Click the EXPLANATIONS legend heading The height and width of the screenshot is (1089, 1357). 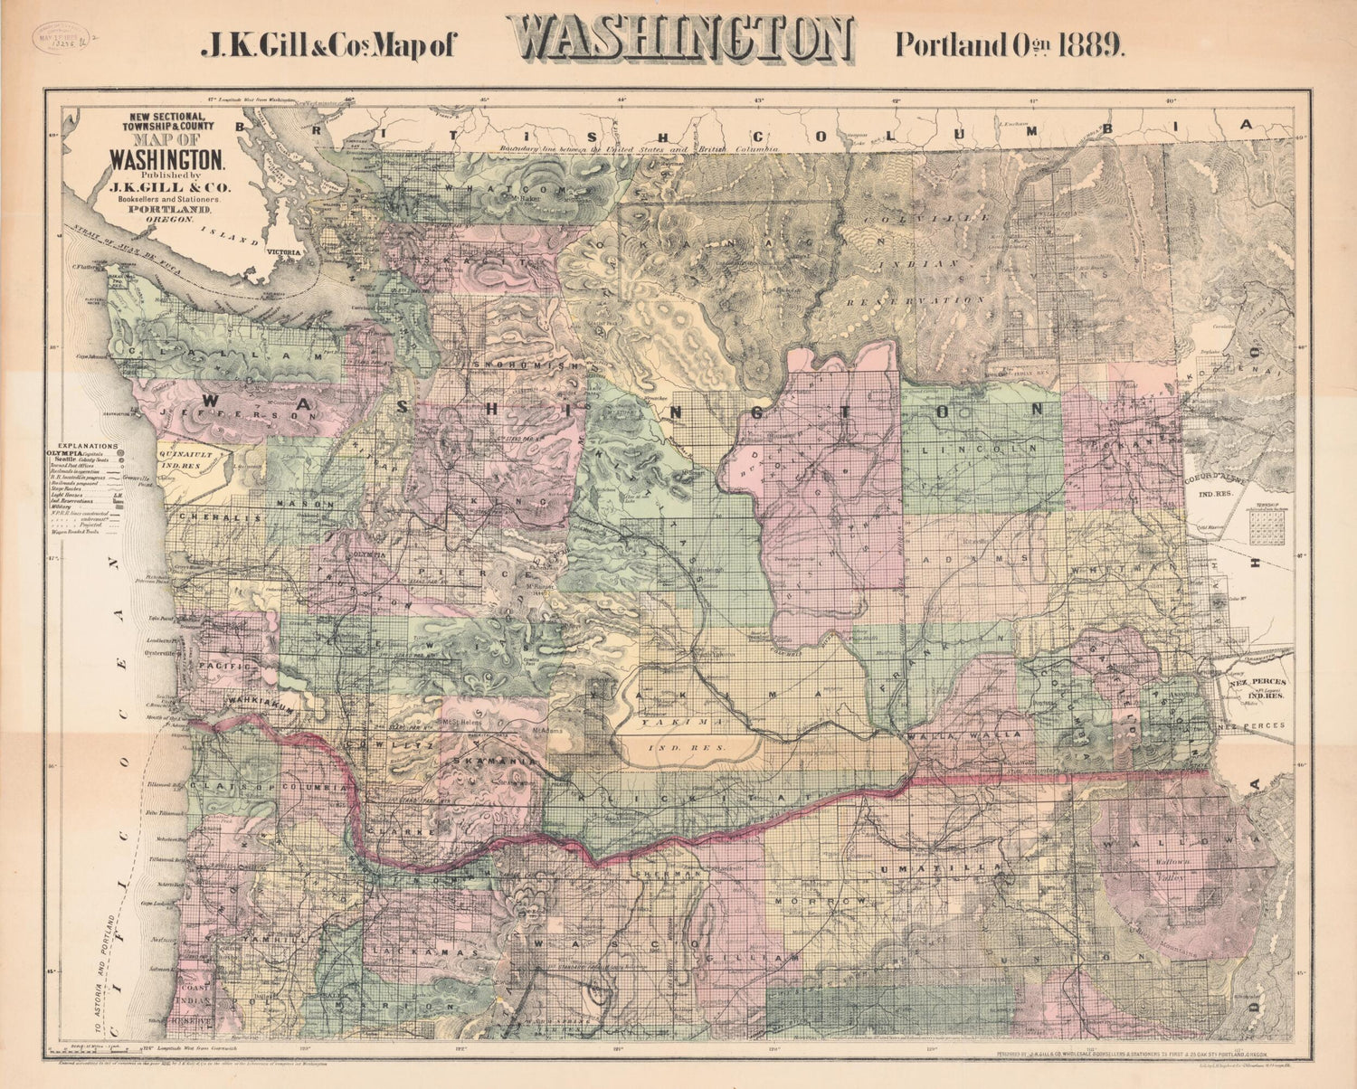[87, 446]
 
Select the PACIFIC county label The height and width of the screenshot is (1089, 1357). [216, 665]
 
